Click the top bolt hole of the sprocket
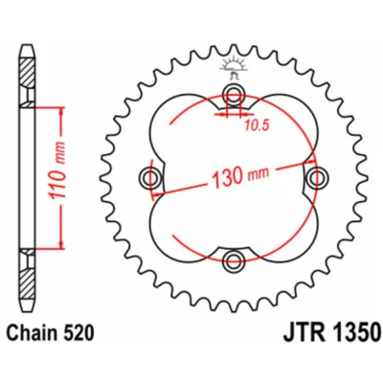point(234,93)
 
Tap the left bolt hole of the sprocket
point(149,176)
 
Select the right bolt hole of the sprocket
point(317,176)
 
